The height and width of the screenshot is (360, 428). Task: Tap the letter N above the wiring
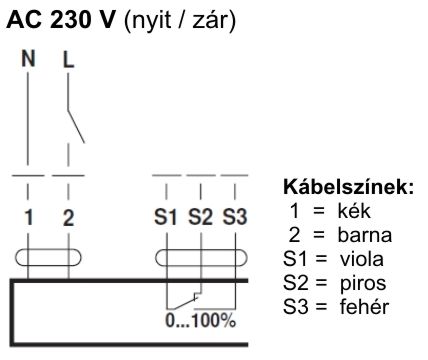pyautogui.click(x=29, y=59)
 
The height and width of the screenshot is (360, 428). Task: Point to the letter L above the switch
pyautogui.click(x=69, y=59)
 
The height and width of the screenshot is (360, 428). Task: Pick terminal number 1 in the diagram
pyautogui.click(x=29, y=214)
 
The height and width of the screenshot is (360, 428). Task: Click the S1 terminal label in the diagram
pyautogui.click(x=166, y=214)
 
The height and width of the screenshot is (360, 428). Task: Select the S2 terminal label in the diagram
pyautogui.click(x=200, y=214)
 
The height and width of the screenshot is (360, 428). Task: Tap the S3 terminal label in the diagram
pyautogui.click(x=234, y=214)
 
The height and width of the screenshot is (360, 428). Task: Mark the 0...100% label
pyautogui.click(x=200, y=322)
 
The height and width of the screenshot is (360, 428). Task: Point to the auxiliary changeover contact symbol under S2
pyautogui.click(x=190, y=297)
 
